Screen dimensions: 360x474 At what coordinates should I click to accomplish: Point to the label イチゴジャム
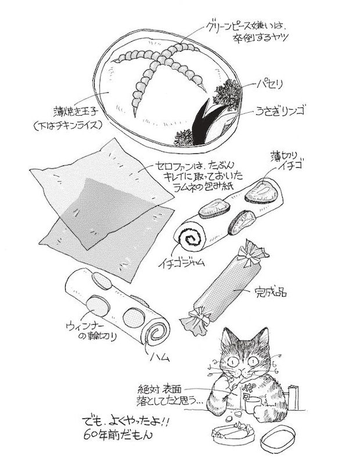coord(181,263)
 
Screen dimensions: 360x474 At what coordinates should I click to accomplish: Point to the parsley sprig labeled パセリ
coord(228,92)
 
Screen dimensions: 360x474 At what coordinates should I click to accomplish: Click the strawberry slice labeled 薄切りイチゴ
coord(261,192)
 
